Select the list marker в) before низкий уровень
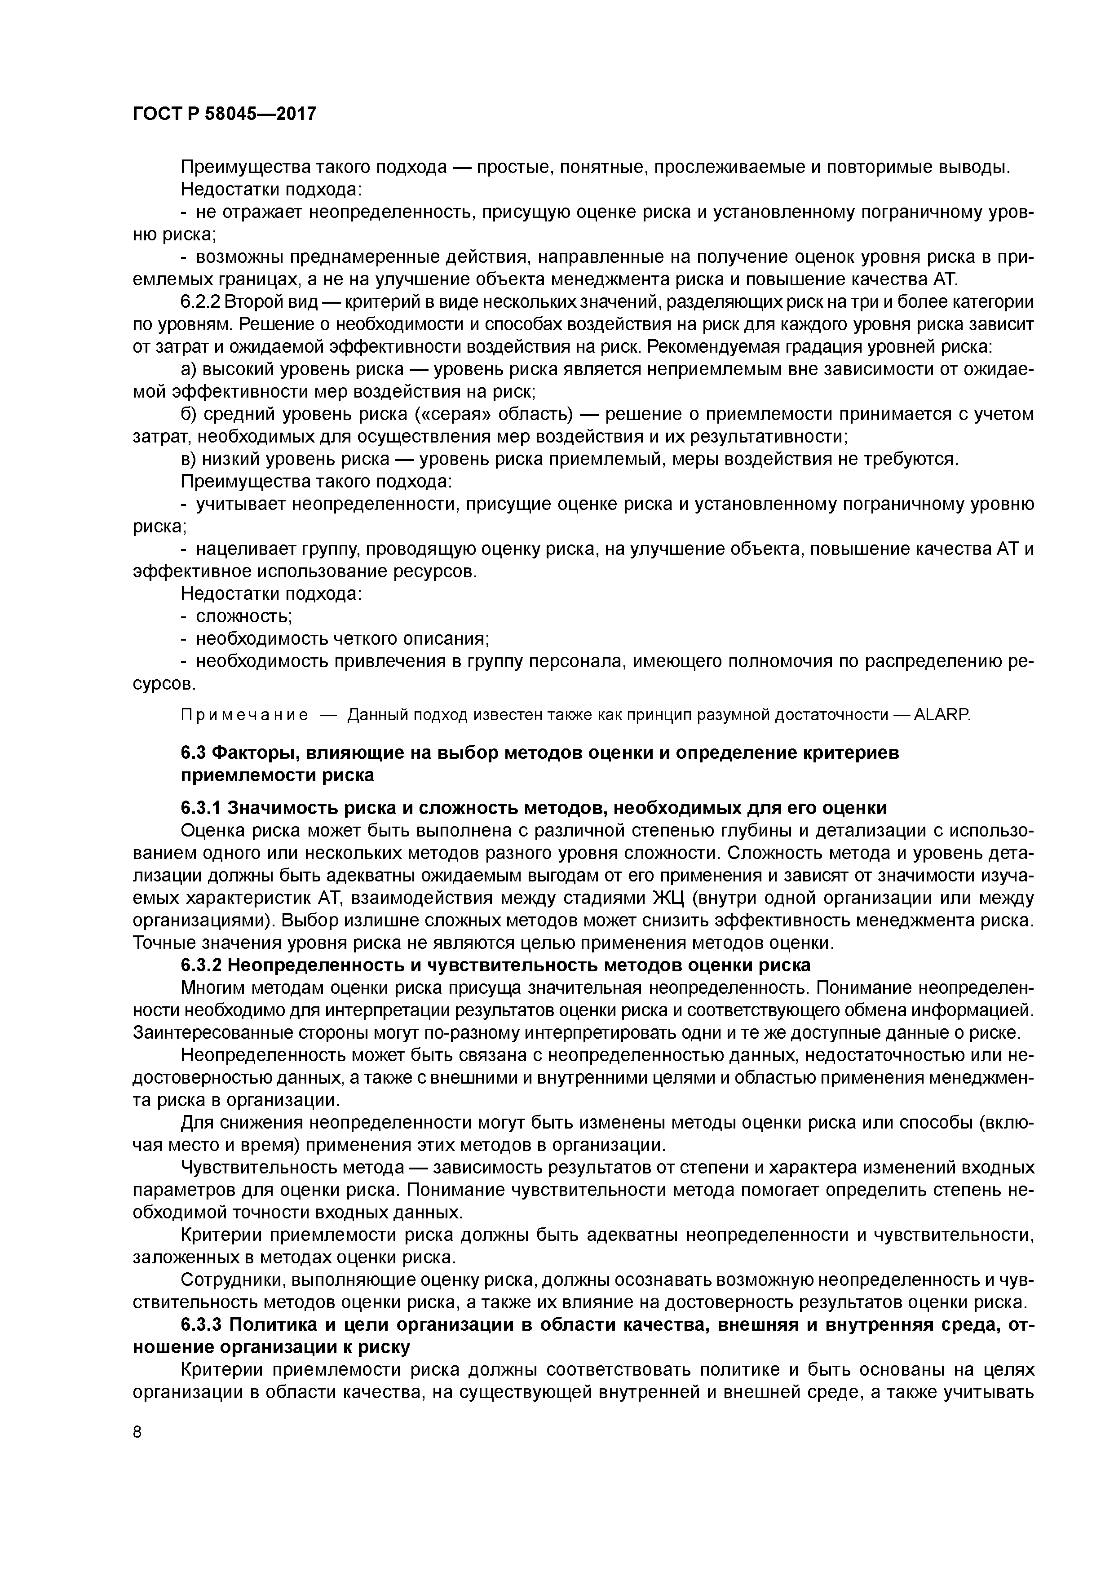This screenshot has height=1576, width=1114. coord(188,459)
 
